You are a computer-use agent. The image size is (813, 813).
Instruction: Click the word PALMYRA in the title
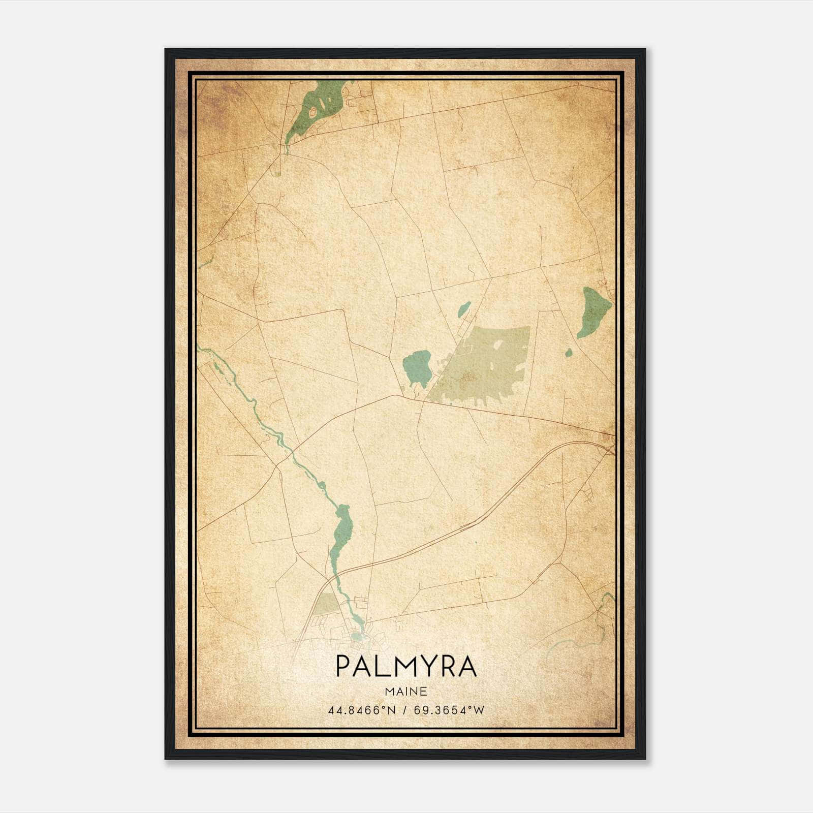[406, 666]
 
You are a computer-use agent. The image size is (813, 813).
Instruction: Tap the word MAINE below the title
[406, 692]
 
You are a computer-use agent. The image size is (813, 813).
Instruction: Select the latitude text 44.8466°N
[362, 710]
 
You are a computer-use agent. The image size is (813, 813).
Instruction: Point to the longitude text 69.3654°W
[449, 710]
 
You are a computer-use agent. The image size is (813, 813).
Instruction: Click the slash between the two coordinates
[405, 710]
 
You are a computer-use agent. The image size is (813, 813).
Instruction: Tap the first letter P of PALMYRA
[343, 666]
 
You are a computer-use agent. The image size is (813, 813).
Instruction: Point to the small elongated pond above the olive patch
[464, 308]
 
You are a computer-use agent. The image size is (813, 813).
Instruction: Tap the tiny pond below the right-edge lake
[569, 352]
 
